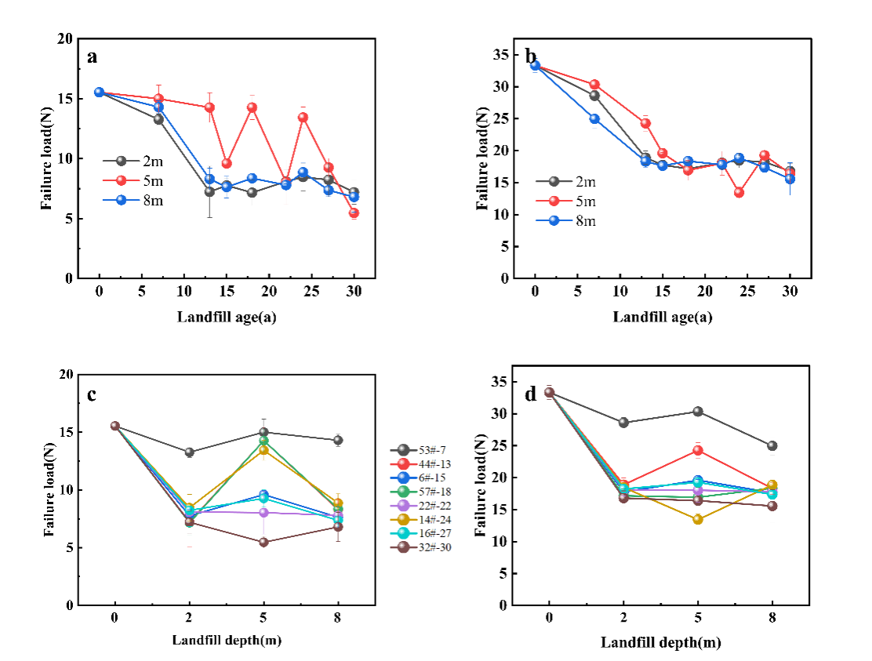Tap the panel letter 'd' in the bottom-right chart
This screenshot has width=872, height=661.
click(x=531, y=394)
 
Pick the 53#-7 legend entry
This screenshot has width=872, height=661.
click(x=423, y=449)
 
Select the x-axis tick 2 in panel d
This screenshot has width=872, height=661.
click(x=623, y=617)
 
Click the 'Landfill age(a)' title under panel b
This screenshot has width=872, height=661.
click(x=663, y=317)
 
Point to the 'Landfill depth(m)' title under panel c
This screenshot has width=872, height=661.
click(x=227, y=640)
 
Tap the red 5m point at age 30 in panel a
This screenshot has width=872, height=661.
click(x=354, y=212)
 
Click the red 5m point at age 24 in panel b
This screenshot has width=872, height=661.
click(x=739, y=192)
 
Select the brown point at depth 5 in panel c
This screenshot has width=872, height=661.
click(x=263, y=542)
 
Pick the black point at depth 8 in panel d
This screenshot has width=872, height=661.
click(x=772, y=445)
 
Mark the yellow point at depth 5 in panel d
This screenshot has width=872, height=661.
click(x=698, y=519)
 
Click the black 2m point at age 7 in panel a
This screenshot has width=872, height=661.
click(x=158, y=119)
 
